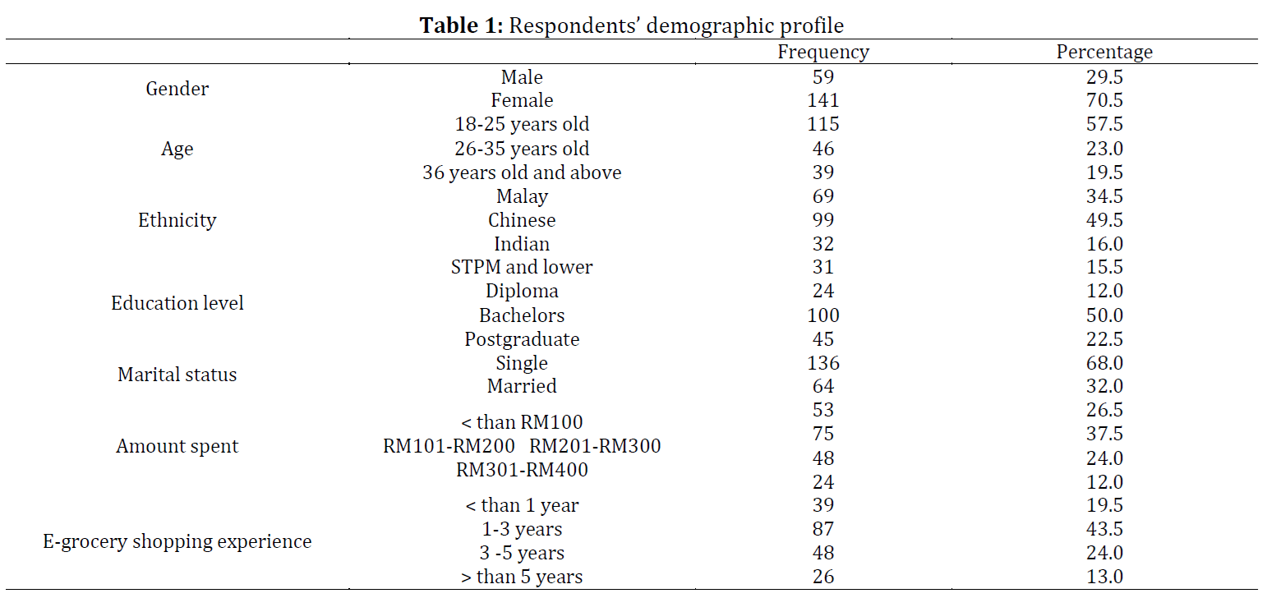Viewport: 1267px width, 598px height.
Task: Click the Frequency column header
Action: (x=823, y=52)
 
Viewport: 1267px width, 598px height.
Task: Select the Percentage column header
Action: (x=1104, y=52)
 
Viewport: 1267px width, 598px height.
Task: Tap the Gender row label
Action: (x=177, y=89)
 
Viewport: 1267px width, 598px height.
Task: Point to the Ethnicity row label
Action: (x=177, y=220)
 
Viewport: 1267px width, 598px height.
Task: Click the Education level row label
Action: (x=177, y=303)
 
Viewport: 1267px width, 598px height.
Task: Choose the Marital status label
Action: (x=177, y=375)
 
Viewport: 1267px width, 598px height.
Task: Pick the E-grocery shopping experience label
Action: (x=177, y=541)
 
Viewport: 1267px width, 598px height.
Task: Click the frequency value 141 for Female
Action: (x=823, y=100)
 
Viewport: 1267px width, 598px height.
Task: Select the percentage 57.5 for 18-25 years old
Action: (x=1104, y=124)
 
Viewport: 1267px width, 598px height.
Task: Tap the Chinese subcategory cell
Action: (x=522, y=220)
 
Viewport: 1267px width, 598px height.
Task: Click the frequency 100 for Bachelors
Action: (x=823, y=315)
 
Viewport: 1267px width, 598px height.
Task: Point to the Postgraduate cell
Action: (x=522, y=339)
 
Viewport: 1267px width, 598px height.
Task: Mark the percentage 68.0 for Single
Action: (x=1104, y=363)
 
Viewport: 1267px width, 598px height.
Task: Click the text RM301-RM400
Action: (x=522, y=470)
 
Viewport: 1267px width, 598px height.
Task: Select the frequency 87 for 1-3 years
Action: (x=823, y=529)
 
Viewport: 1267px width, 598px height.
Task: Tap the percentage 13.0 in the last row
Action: (x=1104, y=577)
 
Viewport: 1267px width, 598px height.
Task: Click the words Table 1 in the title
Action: (x=461, y=25)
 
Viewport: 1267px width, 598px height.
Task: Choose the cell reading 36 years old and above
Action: (x=522, y=172)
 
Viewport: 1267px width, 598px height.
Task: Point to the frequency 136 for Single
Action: (x=823, y=363)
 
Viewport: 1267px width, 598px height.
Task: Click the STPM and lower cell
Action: (x=522, y=267)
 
